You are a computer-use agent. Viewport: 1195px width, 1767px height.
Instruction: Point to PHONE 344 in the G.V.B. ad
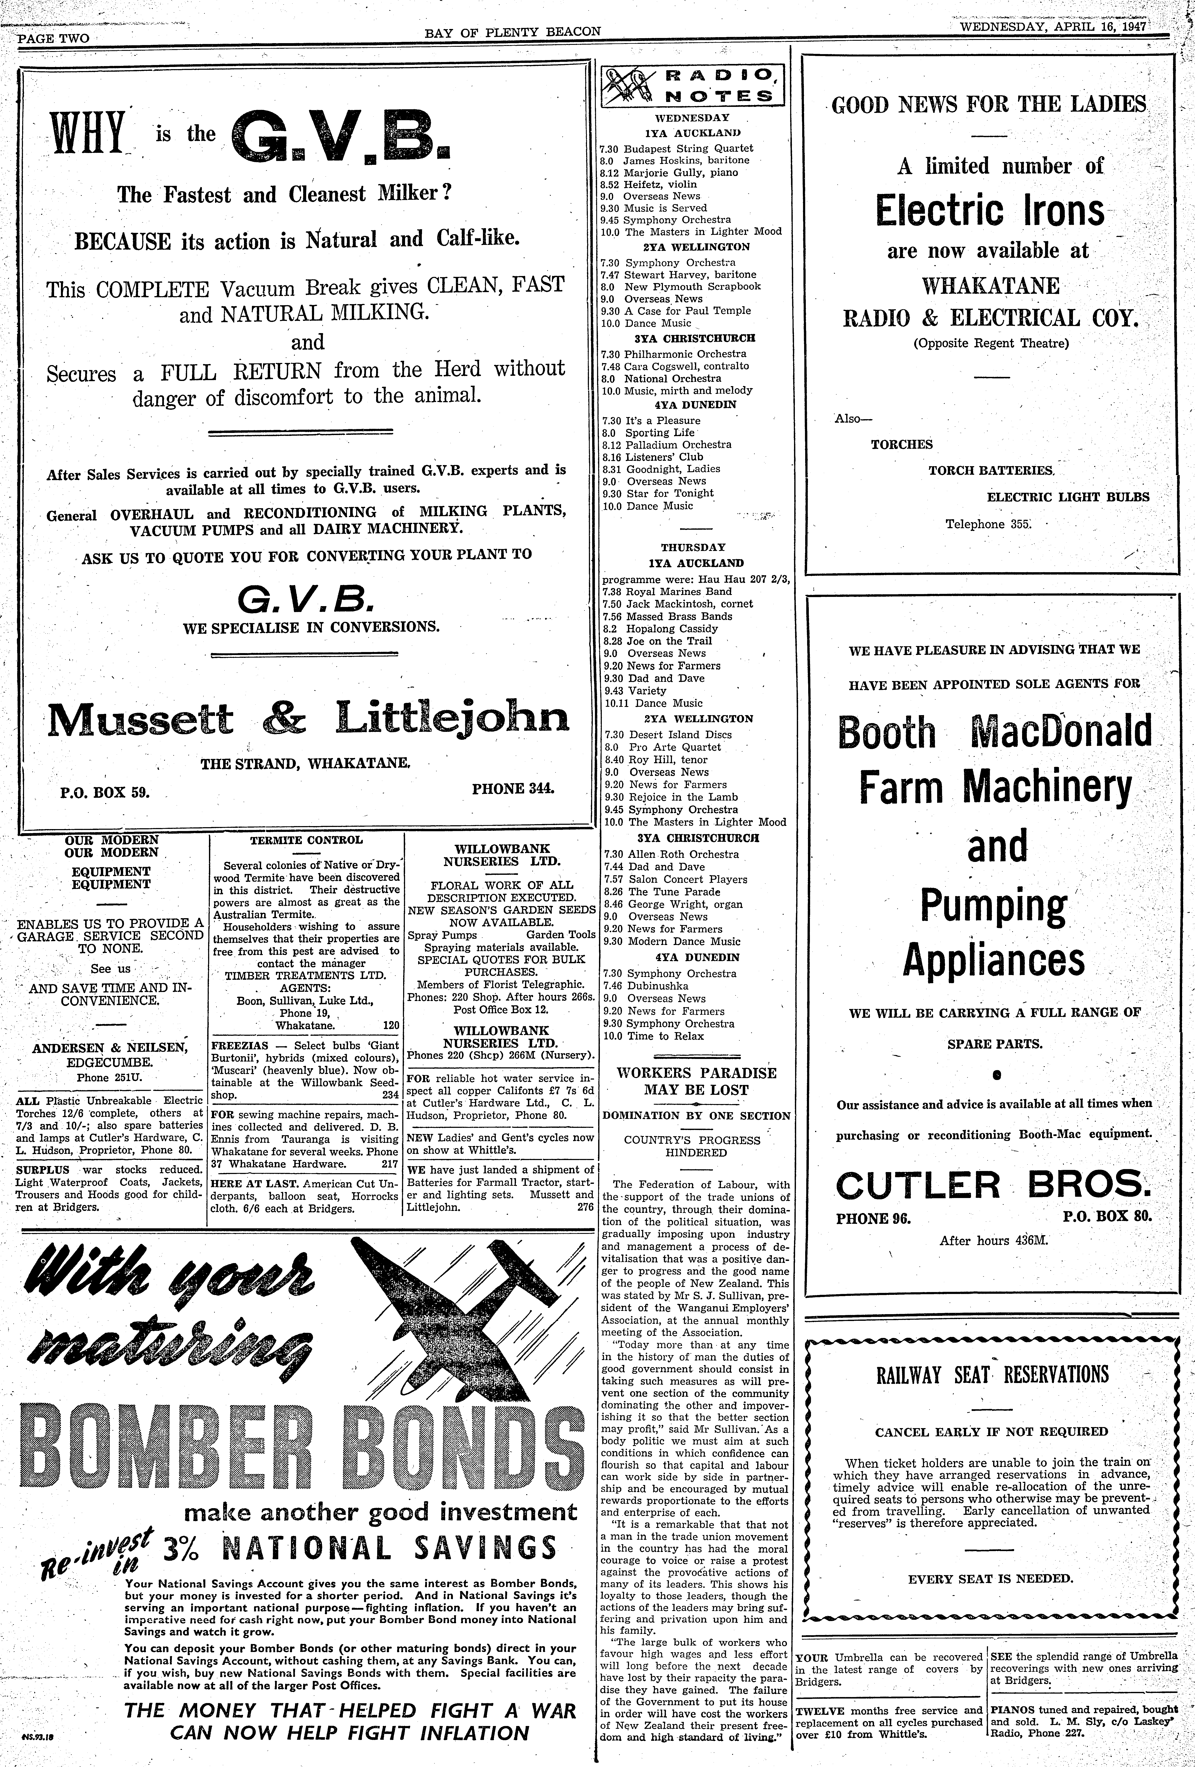point(513,789)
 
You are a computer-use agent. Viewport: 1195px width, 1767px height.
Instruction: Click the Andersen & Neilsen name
point(110,1048)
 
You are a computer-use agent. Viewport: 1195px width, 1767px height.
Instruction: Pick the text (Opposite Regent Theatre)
point(991,343)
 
